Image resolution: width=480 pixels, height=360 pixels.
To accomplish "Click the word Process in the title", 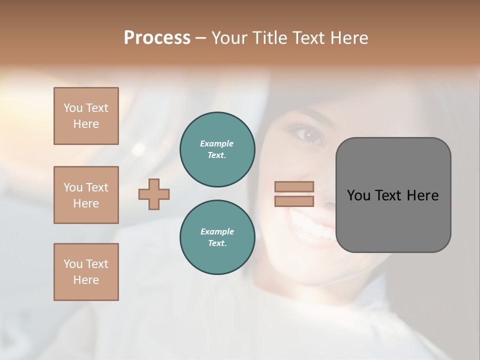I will [x=157, y=38].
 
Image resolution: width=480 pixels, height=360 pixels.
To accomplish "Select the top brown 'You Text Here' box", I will [x=86, y=116].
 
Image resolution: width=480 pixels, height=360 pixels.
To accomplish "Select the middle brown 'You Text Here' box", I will [x=86, y=195].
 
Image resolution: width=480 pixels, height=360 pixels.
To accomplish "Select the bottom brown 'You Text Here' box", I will [x=86, y=272].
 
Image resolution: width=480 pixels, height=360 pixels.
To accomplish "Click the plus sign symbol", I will [x=154, y=194].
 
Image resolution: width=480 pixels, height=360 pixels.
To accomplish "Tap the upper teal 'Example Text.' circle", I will [x=217, y=149].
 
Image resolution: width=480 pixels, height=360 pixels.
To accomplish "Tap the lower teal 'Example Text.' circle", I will [x=217, y=237].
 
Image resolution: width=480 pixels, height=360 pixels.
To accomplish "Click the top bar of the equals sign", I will [x=294, y=186].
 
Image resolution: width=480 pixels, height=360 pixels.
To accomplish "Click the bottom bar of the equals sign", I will [x=294, y=201].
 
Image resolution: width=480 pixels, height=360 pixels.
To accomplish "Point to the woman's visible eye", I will [x=308, y=135].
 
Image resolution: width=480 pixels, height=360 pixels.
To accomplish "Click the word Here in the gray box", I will [x=423, y=195].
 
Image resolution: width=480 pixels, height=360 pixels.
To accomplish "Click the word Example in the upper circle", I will [x=217, y=143].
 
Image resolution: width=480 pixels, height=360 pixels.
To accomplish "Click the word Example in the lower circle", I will [x=217, y=231].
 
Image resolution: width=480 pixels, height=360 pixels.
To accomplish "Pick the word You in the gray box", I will [x=358, y=195].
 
